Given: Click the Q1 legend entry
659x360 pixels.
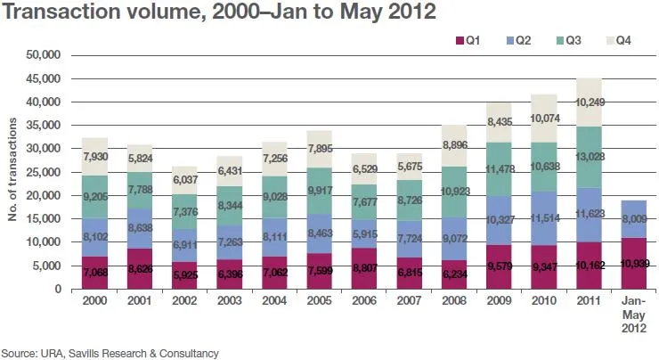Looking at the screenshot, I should [x=468, y=40].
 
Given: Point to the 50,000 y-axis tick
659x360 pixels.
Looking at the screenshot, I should [x=41, y=55].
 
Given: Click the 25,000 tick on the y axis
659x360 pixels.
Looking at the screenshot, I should [x=41, y=172].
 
